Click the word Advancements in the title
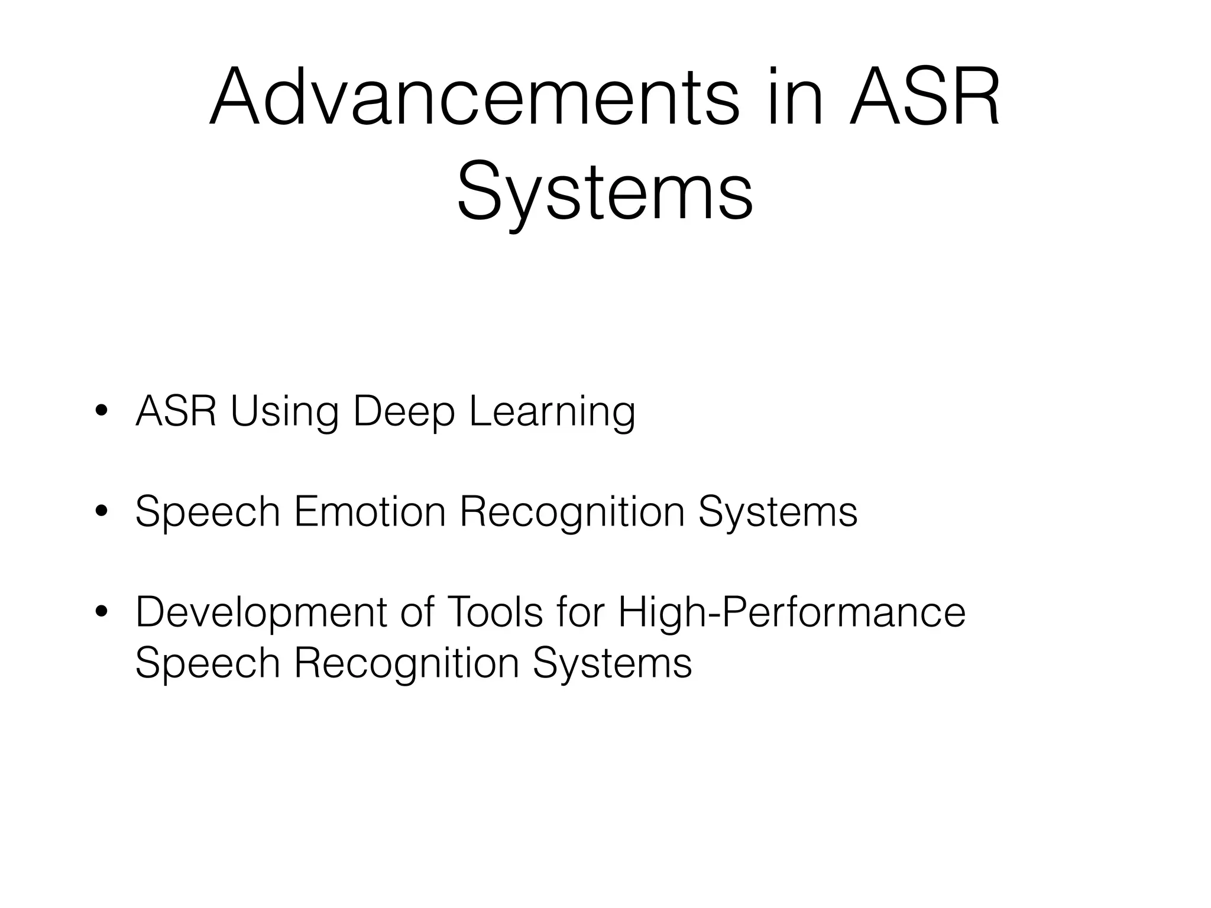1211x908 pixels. point(474,97)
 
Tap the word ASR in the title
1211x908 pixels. point(924,97)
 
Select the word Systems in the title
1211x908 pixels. point(605,192)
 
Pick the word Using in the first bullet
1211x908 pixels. point(284,411)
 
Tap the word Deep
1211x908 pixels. point(404,411)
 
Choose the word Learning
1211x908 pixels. point(552,411)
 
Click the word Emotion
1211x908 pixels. point(370,512)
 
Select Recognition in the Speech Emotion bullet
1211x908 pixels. point(572,512)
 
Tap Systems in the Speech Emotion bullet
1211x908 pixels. point(778,512)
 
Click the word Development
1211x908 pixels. point(261,612)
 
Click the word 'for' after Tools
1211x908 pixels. point(581,612)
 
